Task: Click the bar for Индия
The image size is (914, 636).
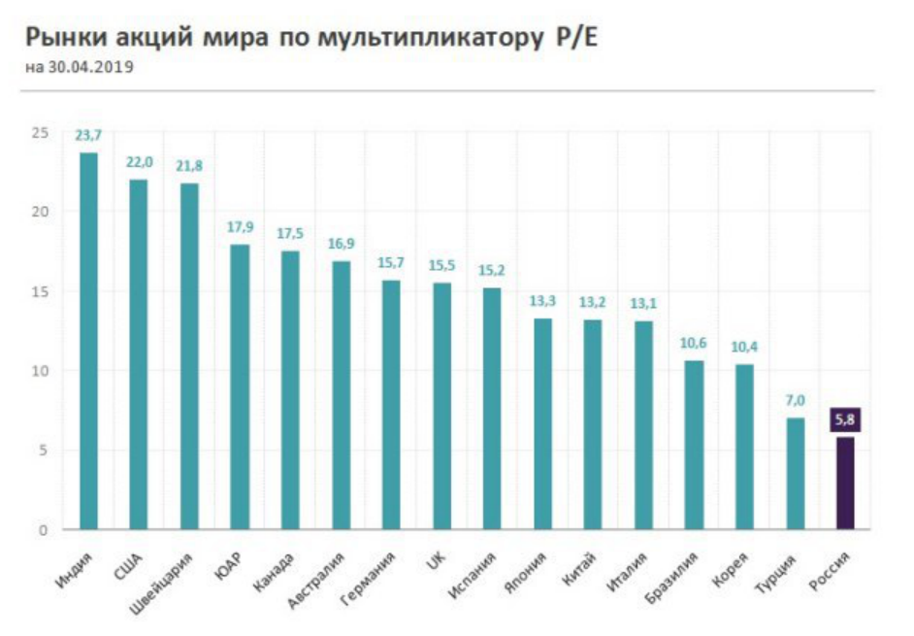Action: (88, 341)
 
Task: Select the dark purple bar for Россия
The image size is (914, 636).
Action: (844, 483)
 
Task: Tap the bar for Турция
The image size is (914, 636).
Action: (795, 474)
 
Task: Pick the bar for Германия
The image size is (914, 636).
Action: (391, 405)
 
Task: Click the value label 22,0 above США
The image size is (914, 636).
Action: (139, 162)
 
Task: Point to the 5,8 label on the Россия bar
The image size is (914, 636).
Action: (844, 420)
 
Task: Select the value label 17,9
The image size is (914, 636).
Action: (240, 227)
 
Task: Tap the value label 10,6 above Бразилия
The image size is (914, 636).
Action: (694, 344)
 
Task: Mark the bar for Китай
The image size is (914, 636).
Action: (593, 424)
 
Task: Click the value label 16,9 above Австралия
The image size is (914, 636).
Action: (341, 244)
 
